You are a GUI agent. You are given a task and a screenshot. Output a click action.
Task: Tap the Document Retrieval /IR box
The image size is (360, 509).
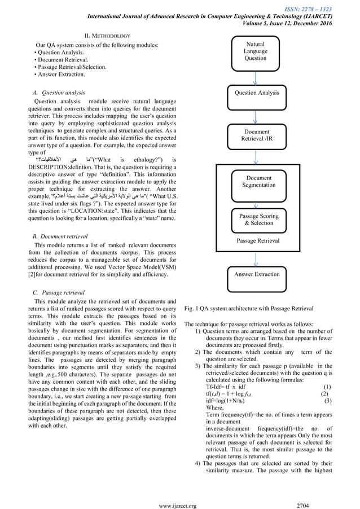click(x=256, y=136)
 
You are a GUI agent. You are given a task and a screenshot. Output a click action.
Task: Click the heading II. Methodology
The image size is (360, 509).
click(x=107, y=35)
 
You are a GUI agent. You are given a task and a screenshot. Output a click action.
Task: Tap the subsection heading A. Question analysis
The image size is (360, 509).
click(x=60, y=92)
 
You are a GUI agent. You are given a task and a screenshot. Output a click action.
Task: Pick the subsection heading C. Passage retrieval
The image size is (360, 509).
click(x=59, y=292)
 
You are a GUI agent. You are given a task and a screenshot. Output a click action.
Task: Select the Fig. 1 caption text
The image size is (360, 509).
click(x=249, y=309)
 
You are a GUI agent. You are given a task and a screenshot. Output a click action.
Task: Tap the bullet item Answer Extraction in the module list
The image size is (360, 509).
click(x=60, y=74)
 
